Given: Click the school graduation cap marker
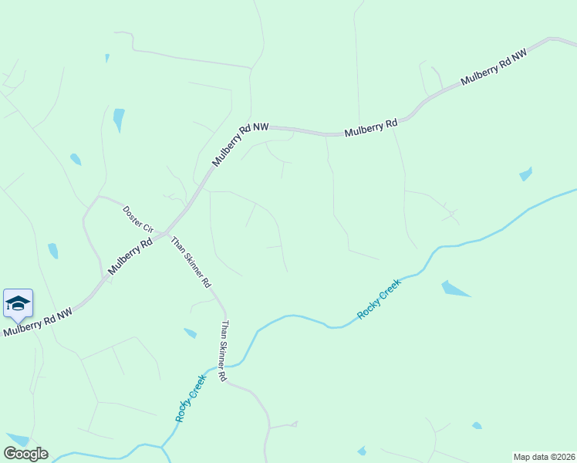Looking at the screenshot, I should pyautogui.click(x=17, y=303).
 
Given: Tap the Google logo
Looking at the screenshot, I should pyautogui.click(x=25, y=454).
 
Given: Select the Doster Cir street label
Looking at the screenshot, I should pyautogui.click(x=139, y=220).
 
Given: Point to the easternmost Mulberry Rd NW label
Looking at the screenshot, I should pyautogui.click(x=494, y=69).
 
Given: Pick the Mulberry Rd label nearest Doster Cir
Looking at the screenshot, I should pyautogui.click(x=130, y=256).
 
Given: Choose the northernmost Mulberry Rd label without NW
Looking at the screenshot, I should pyautogui.click(x=370, y=127).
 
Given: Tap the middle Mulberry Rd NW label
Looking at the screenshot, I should pyautogui.click(x=240, y=146).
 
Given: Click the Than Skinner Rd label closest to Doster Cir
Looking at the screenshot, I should pyautogui.click(x=191, y=262).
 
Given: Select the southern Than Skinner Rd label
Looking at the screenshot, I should pyautogui.click(x=224, y=351).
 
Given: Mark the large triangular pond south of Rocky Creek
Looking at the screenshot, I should pyautogui.click(x=454, y=289).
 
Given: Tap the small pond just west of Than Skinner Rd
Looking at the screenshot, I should pyautogui.click(x=190, y=333).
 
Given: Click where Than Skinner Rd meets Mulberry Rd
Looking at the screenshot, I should pyautogui.click(x=164, y=232).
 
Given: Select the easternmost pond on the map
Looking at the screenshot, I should pyautogui.click(x=526, y=174).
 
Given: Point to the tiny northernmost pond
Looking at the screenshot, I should pyautogui.click(x=107, y=57).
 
